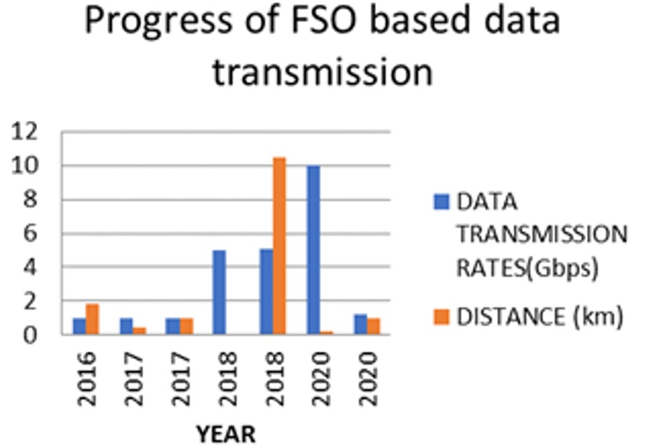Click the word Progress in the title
click(158, 21)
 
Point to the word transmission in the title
click(322, 72)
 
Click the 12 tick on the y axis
click(24, 132)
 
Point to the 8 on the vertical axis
click(31, 200)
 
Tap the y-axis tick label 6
click(31, 234)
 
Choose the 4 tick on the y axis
click(31, 267)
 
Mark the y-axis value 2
click(31, 301)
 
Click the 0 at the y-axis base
click(31, 335)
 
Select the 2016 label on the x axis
click(87, 379)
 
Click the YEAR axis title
click(226, 435)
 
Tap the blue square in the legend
click(441, 202)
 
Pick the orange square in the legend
click(441, 317)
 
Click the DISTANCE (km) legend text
click(540, 318)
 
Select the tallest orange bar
click(280, 246)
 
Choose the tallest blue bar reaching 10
click(314, 250)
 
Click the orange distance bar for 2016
click(92, 320)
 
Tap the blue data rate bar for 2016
click(79, 326)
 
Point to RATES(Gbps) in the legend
click(528, 269)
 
